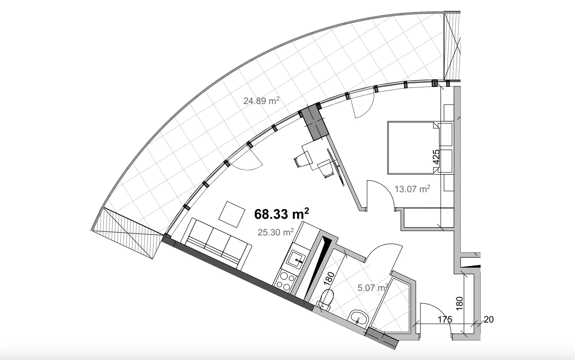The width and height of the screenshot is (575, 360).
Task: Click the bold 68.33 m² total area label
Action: click(282, 214)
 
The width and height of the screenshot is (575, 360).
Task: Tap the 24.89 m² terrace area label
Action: click(261, 101)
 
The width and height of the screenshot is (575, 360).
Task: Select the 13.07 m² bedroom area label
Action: click(413, 189)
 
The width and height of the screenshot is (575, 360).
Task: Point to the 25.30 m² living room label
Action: click(276, 232)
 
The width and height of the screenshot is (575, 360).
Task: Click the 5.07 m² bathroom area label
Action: click(372, 288)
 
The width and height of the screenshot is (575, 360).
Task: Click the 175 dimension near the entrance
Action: click(445, 319)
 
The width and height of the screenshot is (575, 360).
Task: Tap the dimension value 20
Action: click(489, 319)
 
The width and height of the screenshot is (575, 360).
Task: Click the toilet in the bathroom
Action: click(326, 300)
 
